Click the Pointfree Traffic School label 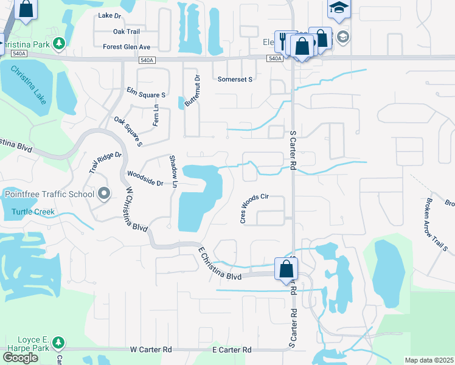(49, 194)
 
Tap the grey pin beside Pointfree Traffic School (104, 194)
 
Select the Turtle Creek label (33, 212)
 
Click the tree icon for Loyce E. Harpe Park (58, 342)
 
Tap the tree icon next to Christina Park (58, 43)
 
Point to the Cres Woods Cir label (254, 209)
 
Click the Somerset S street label (235, 79)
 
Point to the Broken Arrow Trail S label (437, 224)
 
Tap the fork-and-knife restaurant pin (283, 41)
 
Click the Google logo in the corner (19, 358)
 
